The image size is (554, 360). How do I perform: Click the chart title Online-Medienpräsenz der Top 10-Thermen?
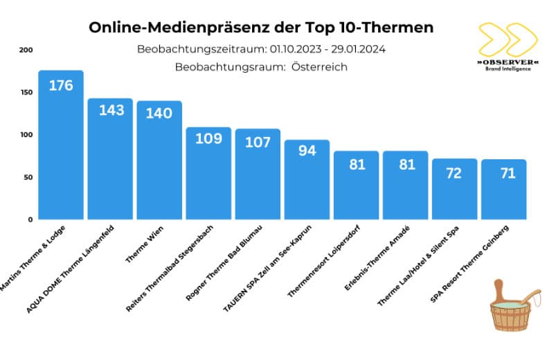[261, 28]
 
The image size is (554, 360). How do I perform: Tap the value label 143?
[110, 110]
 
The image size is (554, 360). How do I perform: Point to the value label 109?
[208, 138]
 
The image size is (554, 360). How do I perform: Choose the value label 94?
[307, 150]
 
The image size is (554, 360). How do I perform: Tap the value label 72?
[454, 172]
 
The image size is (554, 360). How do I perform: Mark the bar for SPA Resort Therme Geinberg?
[503, 194]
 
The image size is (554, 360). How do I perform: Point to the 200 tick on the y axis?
[26, 50]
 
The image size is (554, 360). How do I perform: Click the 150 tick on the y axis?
[26, 92]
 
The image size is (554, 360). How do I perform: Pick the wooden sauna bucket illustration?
[515, 304]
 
